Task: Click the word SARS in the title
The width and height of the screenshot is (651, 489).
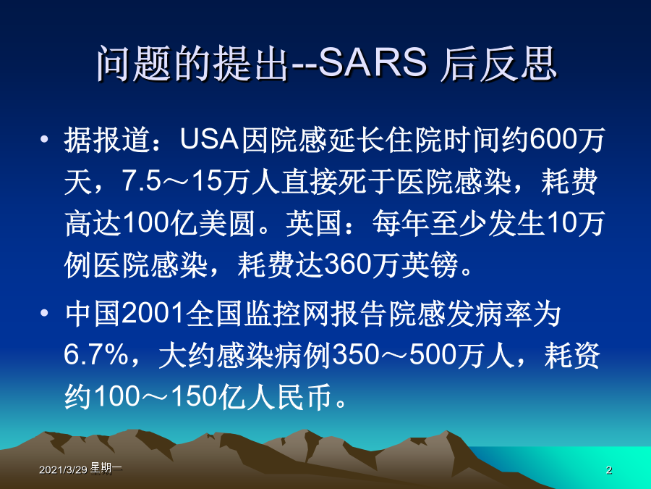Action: tap(373, 64)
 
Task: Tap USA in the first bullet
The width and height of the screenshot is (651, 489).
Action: tap(209, 139)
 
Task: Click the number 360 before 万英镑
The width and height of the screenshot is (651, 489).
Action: tap(347, 264)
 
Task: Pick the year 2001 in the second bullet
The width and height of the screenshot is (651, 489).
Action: tap(153, 313)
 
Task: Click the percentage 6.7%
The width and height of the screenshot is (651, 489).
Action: tap(96, 355)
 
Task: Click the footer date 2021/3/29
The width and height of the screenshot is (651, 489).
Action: tap(63, 470)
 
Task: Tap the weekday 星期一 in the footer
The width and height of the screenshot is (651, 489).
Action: tap(106, 469)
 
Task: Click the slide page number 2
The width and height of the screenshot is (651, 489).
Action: tap(608, 470)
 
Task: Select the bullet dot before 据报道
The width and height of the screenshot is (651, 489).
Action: tap(44, 139)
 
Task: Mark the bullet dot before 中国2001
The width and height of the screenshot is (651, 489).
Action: tap(44, 313)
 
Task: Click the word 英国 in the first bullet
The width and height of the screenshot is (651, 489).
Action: tap(314, 223)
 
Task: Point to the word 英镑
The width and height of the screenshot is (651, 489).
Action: tap(429, 264)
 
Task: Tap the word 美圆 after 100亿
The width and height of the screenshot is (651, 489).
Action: tap(226, 223)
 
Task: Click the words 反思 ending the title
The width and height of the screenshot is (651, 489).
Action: tap(518, 64)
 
